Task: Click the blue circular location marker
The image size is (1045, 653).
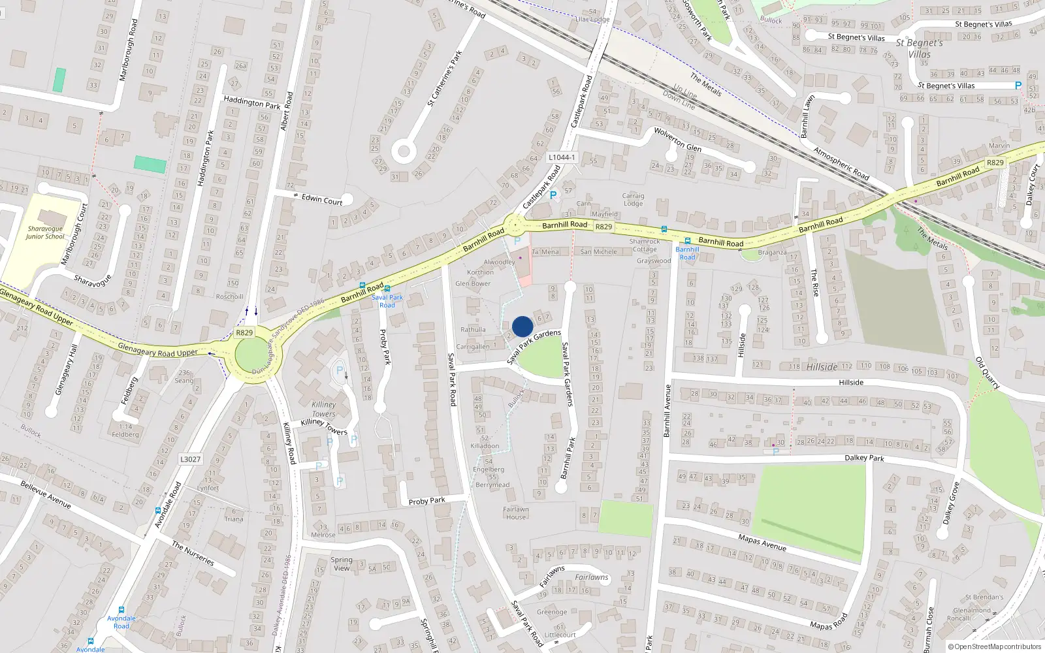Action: pos(522,326)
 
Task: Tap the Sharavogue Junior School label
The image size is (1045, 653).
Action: pos(45,232)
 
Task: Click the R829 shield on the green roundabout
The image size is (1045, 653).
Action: pos(244,332)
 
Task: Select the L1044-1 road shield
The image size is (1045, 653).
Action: pos(562,157)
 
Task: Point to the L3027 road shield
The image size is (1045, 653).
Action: pos(190,459)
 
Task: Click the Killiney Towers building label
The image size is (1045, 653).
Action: pos(324,409)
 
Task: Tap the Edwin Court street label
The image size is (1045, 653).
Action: pos(322,199)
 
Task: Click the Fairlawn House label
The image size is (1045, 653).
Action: pos(516,513)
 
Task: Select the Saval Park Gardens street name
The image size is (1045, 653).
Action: pos(534,347)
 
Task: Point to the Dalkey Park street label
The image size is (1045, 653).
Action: pos(864,458)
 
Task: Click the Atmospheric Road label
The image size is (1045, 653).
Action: pos(841,164)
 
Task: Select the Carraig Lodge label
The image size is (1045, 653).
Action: pos(633,199)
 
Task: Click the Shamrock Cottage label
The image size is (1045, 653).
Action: pos(645,245)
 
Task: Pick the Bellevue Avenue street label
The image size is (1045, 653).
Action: pos(46,495)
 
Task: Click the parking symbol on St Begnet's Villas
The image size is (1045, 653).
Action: pos(1018,86)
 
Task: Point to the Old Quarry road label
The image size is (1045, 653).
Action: pos(988,373)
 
